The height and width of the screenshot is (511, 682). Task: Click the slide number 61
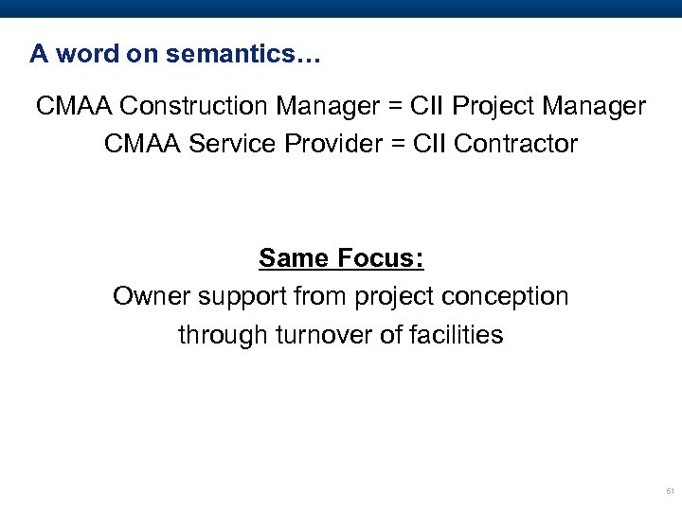(670, 492)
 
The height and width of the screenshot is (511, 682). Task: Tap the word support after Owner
(226, 298)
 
